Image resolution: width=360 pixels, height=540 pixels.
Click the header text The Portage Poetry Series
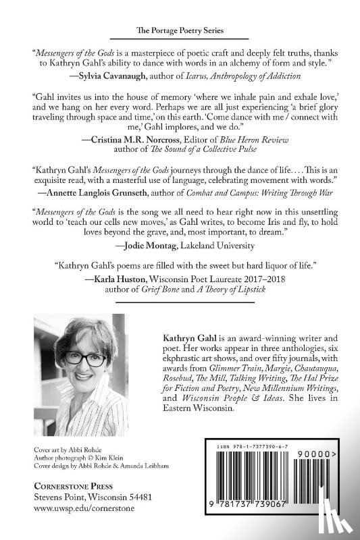pos(180,31)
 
